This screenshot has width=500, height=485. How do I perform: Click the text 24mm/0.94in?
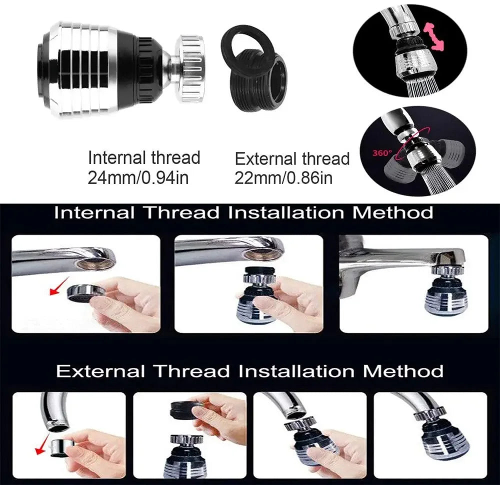click(138, 177)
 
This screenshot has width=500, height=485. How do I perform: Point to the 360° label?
click(382, 153)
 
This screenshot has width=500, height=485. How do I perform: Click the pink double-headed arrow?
click(433, 36)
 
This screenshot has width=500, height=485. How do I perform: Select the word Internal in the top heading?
click(94, 212)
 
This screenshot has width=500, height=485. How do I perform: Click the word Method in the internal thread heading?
click(393, 212)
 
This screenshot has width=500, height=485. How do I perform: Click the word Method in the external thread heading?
click(403, 371)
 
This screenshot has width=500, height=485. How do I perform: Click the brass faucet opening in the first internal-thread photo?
click(94, 263)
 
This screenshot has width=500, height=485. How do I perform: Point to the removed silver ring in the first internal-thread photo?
click(86, 292)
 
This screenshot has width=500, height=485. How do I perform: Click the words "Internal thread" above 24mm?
click(144, 157)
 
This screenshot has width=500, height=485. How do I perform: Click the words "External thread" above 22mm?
click(292, 159)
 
